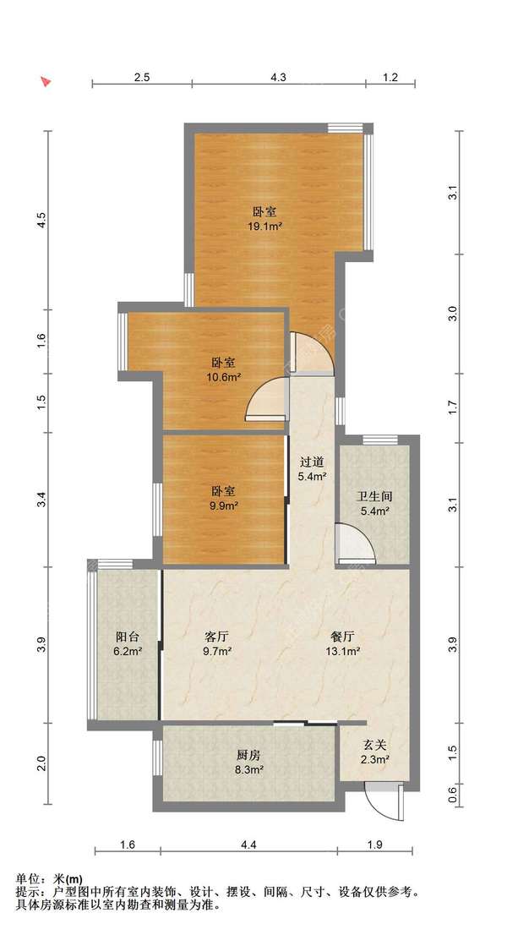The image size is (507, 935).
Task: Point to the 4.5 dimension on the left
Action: pyautogui.click(x=41, y=220)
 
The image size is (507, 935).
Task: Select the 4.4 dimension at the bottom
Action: pyautogui.click(x=249, y=845)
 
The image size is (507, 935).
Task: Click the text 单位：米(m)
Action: pyautogui.click(x=49, y=879)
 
